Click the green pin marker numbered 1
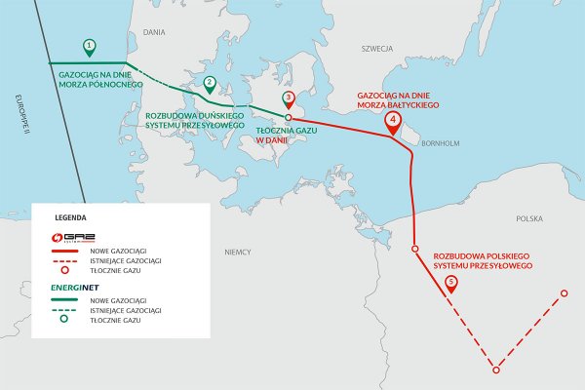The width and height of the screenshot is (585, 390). tap(90, 46)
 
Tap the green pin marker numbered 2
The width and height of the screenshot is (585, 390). tap(210, 83)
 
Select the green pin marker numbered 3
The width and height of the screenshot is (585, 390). tap(288, 98)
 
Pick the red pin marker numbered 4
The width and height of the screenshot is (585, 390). tap(392, 121)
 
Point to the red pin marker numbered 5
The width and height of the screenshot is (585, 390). tap(450, 283)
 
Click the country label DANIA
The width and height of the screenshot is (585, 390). tap(154, 32)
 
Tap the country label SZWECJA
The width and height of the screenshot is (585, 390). tap(375, 47)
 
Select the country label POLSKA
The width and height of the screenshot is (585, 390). tap(529, 219)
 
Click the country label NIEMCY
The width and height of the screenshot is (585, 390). tap(238, 252)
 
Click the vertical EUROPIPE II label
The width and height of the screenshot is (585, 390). tap(18, 118)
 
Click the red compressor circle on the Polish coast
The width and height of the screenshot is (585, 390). tap(414, 250)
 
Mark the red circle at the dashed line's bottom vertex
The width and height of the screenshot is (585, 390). tap(496, 370)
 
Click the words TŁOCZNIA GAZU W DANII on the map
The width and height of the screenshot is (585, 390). tap(283, 135)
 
